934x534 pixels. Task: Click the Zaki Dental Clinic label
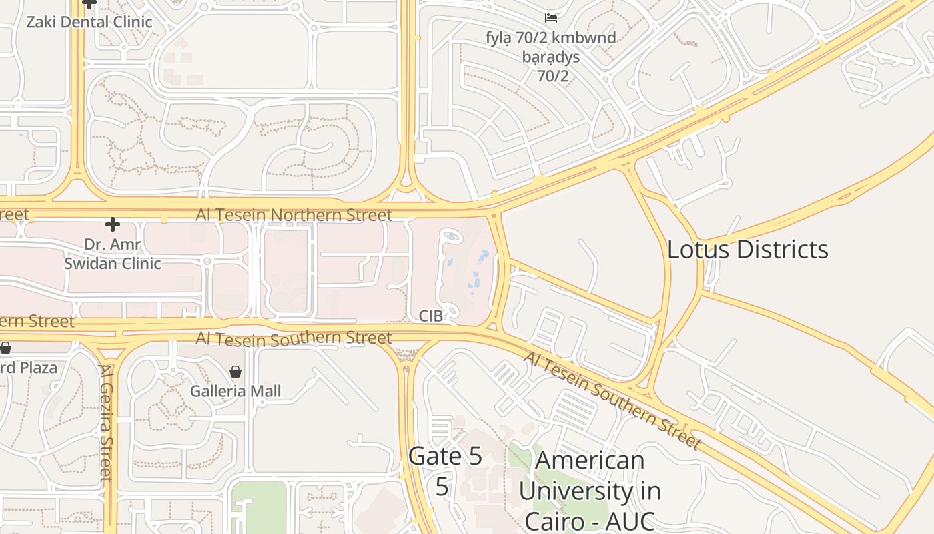coord(89,22)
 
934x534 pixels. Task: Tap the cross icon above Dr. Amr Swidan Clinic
coord(113,224)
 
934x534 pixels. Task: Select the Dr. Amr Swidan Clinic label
coord(113,254)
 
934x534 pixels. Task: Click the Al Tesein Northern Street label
coord(294,215)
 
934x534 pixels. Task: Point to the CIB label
coord(430,316)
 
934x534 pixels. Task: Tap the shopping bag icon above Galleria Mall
coord(236,372)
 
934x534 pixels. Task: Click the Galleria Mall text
coord(236,391)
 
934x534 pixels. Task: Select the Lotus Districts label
coord(748,250)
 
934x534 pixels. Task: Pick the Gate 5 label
coord(444,457)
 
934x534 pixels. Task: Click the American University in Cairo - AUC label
coord(590,490)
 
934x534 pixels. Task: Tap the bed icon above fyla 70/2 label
coord(551,18)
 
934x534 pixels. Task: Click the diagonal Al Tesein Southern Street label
coord(612,400)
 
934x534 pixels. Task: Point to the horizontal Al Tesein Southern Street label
coord(294,339)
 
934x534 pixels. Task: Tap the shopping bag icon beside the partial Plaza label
coord(5,348)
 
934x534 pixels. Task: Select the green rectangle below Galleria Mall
coord(259,507)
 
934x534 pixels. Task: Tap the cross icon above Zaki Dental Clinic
coord(89,3)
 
